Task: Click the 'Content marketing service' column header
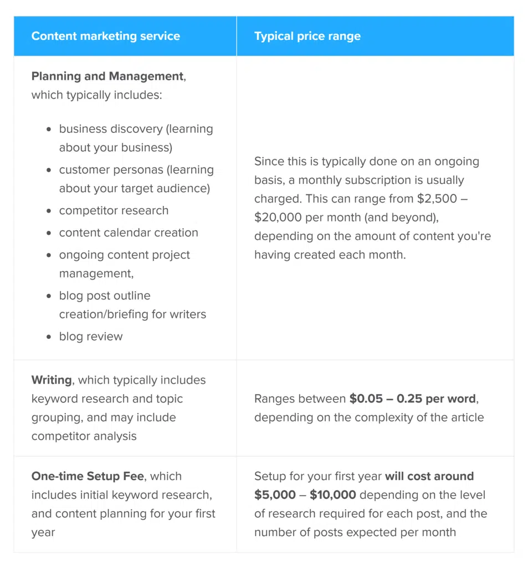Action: point(105,36)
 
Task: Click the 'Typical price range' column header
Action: point(307,36)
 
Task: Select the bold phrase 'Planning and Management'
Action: point(107,76)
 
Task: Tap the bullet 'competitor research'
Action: point(114,210)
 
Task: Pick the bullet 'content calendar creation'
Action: point(129,233)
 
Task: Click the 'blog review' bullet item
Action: point(91,336)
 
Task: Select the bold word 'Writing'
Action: point(52,380)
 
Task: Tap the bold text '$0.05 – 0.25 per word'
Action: point(413,399)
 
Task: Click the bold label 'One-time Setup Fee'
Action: point(87,476)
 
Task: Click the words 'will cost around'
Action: point(430,476)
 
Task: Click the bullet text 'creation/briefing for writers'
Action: point(132,314)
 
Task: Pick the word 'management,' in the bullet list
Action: point(96,273)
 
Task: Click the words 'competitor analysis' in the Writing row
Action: point(84,436)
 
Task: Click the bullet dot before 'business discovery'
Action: point(49,129)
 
